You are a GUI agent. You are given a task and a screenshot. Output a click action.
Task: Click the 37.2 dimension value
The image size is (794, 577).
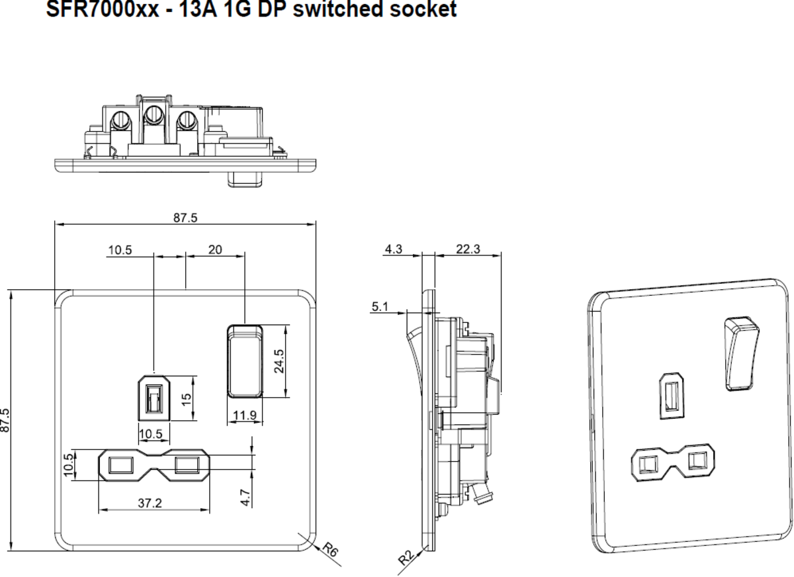[150, 503]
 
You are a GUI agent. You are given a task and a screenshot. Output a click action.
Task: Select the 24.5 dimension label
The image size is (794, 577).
[279, 361]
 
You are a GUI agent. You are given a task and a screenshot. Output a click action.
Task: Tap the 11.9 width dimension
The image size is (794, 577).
[245, 416]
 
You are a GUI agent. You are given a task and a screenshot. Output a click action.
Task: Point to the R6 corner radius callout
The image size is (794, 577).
[330, 549]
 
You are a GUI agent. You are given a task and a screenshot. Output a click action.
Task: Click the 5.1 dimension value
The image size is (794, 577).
[380, 306]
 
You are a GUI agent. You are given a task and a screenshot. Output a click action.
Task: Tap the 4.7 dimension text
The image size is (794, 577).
[245, 497]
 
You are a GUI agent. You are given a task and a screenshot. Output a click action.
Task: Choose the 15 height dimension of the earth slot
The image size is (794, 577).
[187, 399]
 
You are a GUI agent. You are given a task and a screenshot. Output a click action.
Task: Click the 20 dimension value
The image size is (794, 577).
[215, 249]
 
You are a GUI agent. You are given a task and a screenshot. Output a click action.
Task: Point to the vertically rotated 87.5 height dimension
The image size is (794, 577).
[6, 420]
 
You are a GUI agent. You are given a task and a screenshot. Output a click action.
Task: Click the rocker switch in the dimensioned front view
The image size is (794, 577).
[245, 361]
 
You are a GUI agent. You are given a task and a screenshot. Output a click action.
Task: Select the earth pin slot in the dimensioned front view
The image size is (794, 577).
[154, 398]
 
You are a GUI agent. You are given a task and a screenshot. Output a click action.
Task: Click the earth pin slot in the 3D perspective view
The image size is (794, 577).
[671, 396]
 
